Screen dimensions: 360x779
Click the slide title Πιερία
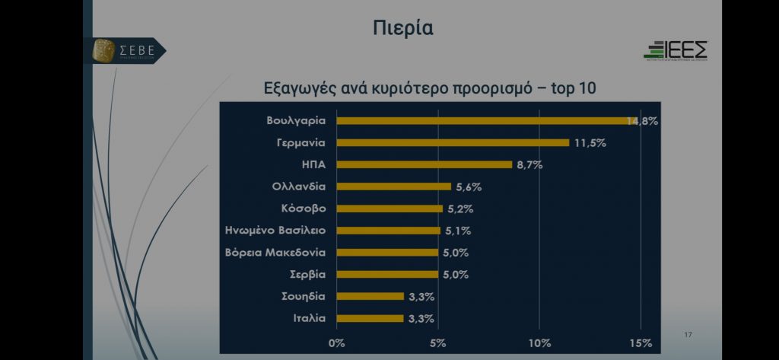403,29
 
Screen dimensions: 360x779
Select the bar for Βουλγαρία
483,120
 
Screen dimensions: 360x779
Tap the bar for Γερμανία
453,142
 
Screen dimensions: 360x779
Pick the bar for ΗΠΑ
424,164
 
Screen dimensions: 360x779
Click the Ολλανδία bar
393,186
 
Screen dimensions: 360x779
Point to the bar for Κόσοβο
389,209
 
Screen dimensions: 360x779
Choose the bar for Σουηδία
370,296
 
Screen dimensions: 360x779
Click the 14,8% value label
642,121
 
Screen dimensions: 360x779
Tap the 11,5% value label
590,143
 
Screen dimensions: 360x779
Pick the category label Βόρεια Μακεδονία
276,253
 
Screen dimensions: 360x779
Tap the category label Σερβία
307,274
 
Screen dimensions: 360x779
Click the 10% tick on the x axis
540,342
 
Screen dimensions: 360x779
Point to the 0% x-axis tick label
336,342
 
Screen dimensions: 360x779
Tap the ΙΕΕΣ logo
676,50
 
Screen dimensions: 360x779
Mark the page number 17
688,335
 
